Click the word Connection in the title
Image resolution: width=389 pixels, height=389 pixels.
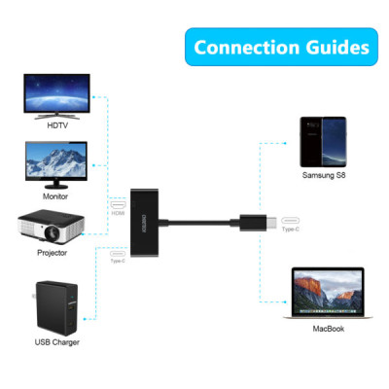239,47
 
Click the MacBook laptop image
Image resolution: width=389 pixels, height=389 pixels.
324,295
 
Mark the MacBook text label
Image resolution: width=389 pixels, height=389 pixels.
326,329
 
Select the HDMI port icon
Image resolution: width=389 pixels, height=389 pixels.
120,207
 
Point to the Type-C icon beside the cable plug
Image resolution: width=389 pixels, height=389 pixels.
290,222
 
